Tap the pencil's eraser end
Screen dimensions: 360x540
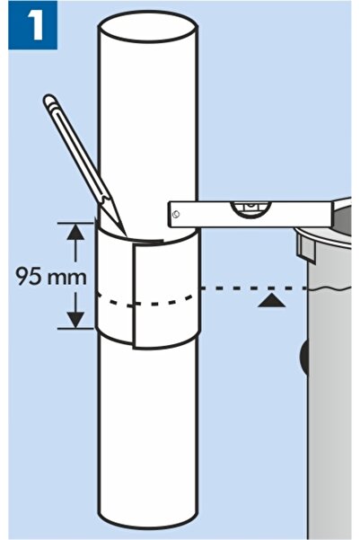click(48, 100)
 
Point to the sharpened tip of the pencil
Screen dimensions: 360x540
click(126, 235)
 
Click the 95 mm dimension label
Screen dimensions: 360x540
click(51, 276)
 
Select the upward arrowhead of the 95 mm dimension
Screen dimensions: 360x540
click(75, 233)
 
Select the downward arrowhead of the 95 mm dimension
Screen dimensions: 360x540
click(75, 320)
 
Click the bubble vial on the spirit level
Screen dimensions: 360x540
click(250, 208)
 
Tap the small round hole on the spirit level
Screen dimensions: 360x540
click(176, 214)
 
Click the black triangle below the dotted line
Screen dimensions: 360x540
click(271, 300)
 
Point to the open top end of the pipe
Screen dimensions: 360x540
click(148, 28)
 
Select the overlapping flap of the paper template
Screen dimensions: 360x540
click(165, 297)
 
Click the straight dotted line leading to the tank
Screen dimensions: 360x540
click(254, 288)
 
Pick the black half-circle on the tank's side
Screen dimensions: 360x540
click(303, 359)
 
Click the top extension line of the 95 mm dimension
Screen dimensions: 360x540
click(75, 223)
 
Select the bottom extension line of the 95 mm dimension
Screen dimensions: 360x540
click(75, 329)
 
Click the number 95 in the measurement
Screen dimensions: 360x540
click(27, 276)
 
